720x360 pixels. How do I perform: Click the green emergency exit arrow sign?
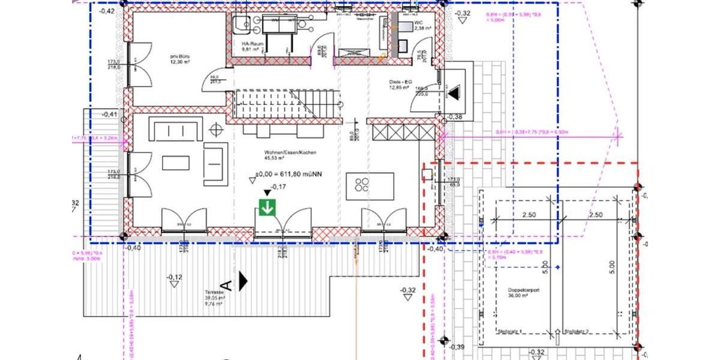(x=267, y=208)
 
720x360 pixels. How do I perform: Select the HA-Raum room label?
(x=249, y=45)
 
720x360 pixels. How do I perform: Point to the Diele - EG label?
(x=398, y=85)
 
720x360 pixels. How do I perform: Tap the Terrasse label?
(x=214, y=293)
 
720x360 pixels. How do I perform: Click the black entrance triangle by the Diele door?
(x=454, y=92)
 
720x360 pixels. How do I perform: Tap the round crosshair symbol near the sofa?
(x=214, y=130)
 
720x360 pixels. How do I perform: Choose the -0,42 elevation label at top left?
(x=107, y=11)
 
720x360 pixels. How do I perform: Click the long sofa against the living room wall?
(x=176, y=130)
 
